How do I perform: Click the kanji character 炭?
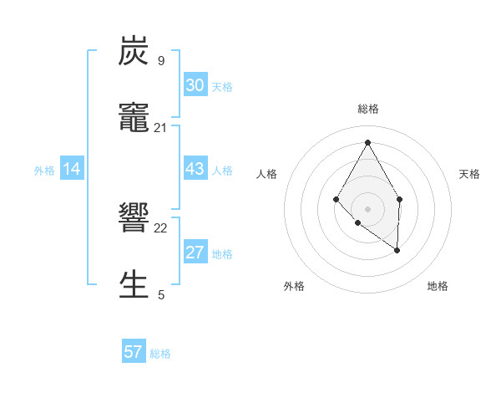[x=134, y=52]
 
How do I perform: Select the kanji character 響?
[x=134, y=219]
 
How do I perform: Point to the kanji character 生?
[x=134, y=284]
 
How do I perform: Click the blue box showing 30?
[x=195, y=85]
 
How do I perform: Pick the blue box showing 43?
[x=195, y=169]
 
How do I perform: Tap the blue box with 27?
[x=195, y=253]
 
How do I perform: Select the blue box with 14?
[x=72, y=170]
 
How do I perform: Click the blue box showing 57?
[x=134, y=352]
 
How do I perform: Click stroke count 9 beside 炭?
[x=161, y=60]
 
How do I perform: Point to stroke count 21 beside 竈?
[x=161, y=127]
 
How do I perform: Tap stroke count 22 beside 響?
[x=161, y=227]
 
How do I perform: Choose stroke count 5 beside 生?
[x=161, y=294]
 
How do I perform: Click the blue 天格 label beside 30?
[x=222, y=86]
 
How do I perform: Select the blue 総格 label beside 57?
[x=160, y=353]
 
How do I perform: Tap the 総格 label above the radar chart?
[x=367, y=109]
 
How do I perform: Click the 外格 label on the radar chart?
[x=294, y=286]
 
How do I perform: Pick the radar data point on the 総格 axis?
[x=367, y=141]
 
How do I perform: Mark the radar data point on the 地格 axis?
[x=397, y=249]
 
